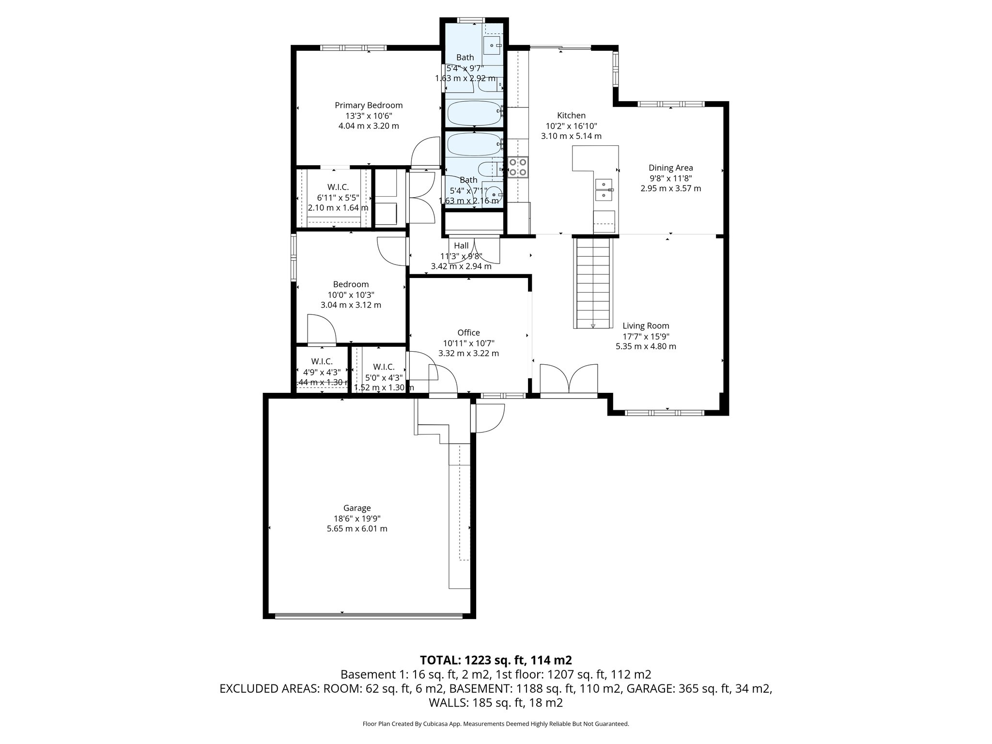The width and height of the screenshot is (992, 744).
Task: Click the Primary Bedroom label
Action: (369, 105)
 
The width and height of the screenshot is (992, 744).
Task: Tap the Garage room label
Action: (357, 508)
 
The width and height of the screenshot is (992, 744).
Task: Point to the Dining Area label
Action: (670, 168)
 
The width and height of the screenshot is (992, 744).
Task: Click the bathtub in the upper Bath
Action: (474, 113)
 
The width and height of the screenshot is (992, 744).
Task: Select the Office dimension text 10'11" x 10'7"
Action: (468, 343)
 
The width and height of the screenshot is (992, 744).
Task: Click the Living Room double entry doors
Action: (568, 379)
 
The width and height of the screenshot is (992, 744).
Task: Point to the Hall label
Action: (461, 246)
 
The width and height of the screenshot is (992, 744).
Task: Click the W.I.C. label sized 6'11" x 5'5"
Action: (338, 187)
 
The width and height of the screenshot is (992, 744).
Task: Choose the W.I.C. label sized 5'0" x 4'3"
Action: (384, 367)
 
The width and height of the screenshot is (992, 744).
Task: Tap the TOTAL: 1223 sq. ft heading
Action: (496, 660)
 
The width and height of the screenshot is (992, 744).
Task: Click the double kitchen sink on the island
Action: (604, 190)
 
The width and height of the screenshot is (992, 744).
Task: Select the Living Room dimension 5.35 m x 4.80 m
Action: (646, 346)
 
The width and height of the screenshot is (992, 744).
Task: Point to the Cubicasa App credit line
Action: (496, 724)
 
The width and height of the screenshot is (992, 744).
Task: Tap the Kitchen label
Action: (571, 115)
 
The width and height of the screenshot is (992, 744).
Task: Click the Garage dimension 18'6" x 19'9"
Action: (357, 518)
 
